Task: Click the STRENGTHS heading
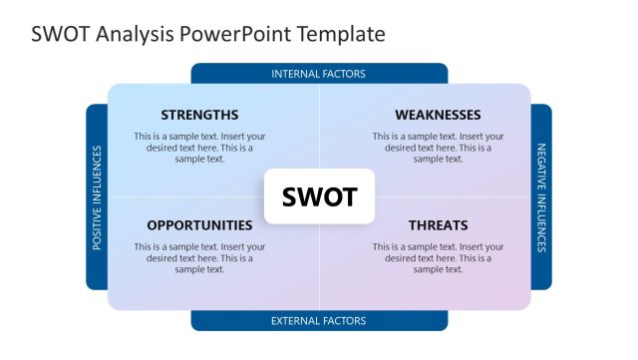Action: click(199, 115)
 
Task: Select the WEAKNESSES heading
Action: click(438, 115)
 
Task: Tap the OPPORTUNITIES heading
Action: click(199, 225)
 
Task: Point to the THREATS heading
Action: click(438, 225)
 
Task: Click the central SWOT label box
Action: click(319, 196)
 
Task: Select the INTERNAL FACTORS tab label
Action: click(319, 74)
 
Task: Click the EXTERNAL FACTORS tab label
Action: click(319, 321)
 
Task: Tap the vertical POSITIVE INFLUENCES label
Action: click(97, 197)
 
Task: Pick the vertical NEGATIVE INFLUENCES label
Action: click(541, 197)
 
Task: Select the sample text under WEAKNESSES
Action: click(438, 147)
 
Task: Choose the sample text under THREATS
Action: click(438, 257)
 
